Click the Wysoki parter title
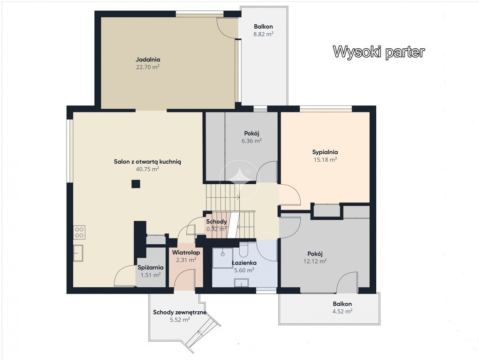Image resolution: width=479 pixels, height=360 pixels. [379, 52]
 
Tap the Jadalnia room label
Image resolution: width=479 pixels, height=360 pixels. [148, 60]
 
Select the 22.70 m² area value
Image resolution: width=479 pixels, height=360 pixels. [148, 67]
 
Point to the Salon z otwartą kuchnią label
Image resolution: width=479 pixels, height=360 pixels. [148, 162]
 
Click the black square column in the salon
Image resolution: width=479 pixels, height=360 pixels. [136, 184]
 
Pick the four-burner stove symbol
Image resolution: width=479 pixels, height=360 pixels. [79, 232]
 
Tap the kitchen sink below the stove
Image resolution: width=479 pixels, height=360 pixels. [78, 253]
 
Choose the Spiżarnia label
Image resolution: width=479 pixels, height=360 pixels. [151, 268]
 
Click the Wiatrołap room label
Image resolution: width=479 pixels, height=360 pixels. [186, 253]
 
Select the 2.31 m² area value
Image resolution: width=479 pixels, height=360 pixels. [186, 260]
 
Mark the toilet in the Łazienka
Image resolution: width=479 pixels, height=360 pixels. [244, 249]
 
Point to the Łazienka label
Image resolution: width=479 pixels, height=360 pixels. [244, 263]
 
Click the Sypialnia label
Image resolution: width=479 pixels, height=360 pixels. [325, 152]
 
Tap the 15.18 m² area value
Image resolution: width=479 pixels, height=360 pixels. [325, 159]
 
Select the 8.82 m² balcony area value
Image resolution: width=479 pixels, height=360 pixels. [263, 34]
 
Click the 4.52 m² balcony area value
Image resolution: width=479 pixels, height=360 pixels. [342, 311]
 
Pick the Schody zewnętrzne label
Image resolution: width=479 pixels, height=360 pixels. [180, 312]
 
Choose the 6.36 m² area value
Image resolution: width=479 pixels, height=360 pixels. [252, 141]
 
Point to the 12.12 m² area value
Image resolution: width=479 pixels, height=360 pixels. [315, 261]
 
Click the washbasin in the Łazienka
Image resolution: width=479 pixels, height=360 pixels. [241, 283]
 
